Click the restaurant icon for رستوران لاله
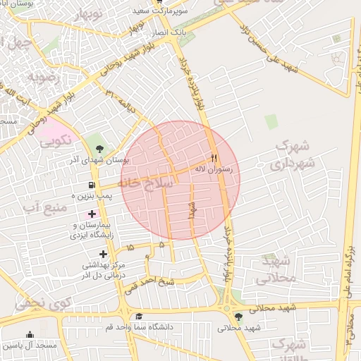pos(215,159)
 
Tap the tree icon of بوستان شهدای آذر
pos(99,149)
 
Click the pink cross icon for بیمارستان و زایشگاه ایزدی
pos(92,214)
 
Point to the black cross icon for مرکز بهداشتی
pos(104,254)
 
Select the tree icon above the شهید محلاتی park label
pos(238,317)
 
